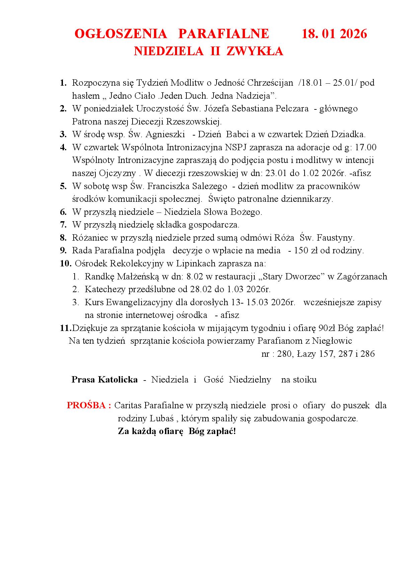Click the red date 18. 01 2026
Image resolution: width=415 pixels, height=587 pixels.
pyautogui.click(x=334, y=34)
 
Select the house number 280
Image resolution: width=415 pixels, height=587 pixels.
pyautogui.click(x=284, y=354)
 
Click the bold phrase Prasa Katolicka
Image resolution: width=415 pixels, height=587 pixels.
pyautogui.click(x=104, y=380)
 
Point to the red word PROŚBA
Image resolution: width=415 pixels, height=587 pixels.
pyautogui.click(x=89, y=406)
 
